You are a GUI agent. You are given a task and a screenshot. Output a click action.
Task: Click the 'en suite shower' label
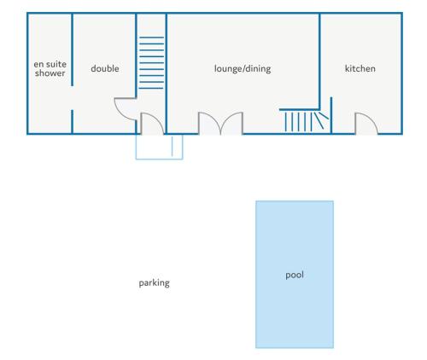50,69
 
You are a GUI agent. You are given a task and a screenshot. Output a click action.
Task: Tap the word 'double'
105,68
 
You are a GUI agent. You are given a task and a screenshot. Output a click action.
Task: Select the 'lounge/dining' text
243,69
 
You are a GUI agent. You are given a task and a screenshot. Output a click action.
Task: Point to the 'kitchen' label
360,68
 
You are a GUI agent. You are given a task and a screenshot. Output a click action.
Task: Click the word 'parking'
155,283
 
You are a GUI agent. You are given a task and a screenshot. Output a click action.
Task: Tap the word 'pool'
295,276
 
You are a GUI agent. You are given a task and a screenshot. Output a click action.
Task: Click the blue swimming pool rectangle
295,299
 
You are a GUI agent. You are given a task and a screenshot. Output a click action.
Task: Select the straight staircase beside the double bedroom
151,63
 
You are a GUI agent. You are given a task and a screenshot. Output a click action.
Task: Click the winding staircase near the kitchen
305,120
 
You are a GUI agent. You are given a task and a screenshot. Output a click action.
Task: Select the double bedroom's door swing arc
120,113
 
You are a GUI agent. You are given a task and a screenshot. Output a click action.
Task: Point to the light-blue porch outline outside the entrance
159,159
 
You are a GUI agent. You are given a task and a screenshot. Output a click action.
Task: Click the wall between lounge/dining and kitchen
319,61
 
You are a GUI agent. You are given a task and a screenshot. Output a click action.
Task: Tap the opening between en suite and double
72,98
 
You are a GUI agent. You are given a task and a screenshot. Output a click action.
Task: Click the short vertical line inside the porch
172,147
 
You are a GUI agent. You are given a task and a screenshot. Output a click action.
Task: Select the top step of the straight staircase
151,38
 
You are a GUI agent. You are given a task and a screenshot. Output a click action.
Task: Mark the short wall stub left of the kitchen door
331,115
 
